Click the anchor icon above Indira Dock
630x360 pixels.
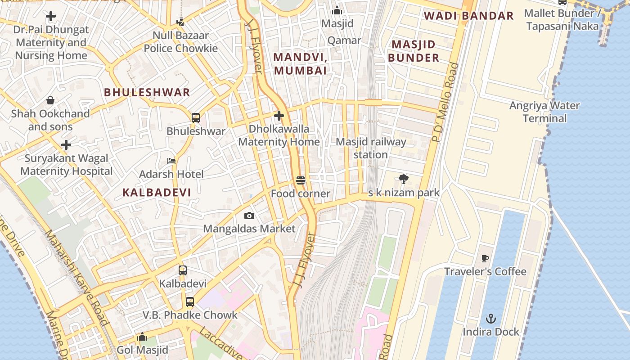[490, 319]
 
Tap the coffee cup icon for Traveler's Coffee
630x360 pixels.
[485, 258]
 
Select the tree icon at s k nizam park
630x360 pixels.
[404, 179]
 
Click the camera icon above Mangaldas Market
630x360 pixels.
[249, 216]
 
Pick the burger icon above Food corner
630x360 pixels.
[301, 181]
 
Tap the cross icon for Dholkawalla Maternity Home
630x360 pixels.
[279, 116]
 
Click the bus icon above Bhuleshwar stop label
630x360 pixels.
[196, 118]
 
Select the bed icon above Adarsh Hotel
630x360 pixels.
[171, 161]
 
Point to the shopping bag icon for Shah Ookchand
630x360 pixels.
[50, 100]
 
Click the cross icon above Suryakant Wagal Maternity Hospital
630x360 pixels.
[66, 145]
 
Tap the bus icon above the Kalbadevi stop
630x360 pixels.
[182, 270]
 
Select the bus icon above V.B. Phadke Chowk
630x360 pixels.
[190, 302]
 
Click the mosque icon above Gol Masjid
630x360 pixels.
[142, 337]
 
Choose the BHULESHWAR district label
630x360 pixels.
[147, 93]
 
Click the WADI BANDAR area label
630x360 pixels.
[468, 16]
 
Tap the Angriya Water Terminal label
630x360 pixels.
[544, 112]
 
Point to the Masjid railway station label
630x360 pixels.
[371, 148]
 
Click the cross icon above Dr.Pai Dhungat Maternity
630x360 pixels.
[51, 17]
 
